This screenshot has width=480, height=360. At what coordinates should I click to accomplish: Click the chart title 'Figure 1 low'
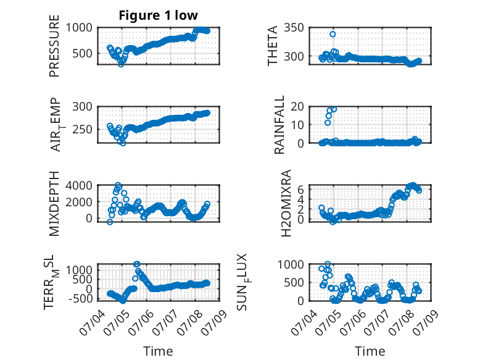[159, 15]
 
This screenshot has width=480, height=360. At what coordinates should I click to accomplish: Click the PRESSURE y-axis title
[54, 46]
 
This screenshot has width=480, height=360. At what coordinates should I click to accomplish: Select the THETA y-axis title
[272, 46]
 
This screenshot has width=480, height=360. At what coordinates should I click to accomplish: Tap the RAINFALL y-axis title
[279, 125]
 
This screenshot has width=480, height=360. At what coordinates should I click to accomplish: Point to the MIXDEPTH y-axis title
[54, 204]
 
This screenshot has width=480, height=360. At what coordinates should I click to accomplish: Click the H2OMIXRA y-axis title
[286, 203]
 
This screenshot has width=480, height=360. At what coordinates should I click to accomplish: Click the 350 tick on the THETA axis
[294, 28]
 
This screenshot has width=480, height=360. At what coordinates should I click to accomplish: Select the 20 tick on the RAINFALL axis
[297, 107]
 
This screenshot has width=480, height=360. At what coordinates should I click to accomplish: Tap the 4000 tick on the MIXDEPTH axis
[79, 185]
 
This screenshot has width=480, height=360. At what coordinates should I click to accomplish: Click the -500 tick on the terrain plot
[80, 298]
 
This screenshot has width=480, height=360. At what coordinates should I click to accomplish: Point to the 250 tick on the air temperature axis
[82, 129]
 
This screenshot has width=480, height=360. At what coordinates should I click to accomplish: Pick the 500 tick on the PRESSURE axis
[82, 54]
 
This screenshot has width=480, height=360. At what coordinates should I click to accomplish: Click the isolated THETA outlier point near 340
[333, 34]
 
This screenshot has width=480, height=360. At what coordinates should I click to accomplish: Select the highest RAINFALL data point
[334, 109]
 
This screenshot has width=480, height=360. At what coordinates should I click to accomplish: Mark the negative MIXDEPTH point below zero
[110, 222]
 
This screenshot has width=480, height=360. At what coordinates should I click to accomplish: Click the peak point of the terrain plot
[137, 264]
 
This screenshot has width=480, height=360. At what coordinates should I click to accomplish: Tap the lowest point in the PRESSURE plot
[121, 64]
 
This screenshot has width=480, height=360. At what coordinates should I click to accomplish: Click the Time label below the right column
[370, 351]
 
